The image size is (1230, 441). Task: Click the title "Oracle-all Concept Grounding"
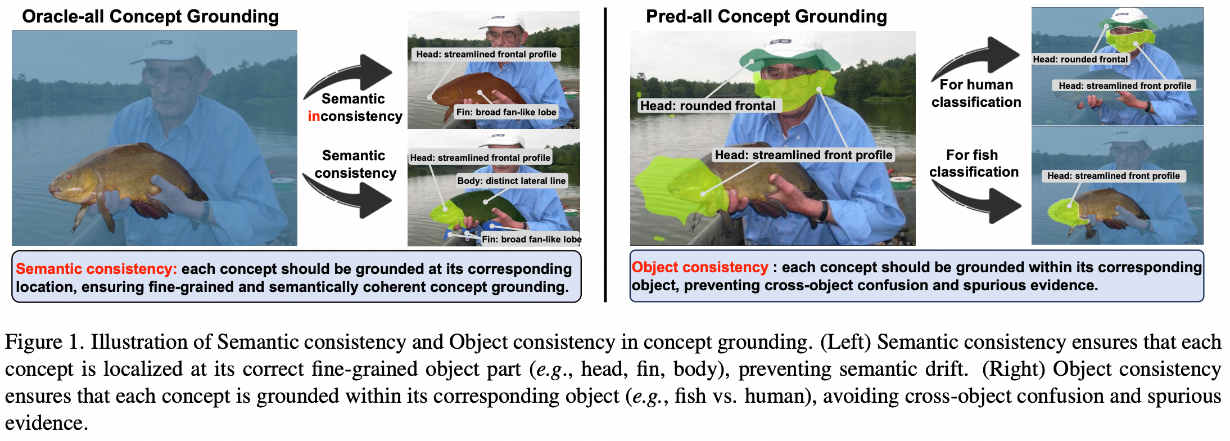(x=150, y=17)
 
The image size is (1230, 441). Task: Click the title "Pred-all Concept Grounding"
(x=766, y=17)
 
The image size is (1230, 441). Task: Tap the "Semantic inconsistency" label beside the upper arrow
(x=355, y=107)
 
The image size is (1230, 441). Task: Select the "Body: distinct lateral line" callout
(x=512, y=181)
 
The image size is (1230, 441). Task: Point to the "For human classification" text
(x=976, y=93)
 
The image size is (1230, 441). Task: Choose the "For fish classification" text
(x=974, y=163)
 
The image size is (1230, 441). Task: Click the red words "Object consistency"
(x=700, y=267)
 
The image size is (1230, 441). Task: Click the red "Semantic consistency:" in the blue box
(x=96, y=269)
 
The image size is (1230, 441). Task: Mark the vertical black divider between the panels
(x=605, y=155)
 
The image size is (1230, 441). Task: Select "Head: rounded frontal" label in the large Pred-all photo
(x=708, y=106)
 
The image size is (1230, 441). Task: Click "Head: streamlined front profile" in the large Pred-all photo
(x=803, y=155)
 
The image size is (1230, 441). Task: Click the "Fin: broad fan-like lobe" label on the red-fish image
(x=507, y=112)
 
